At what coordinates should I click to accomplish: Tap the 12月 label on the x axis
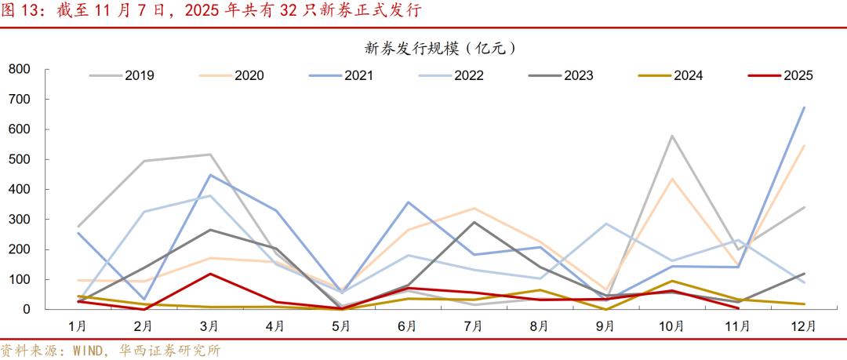pos(804,325)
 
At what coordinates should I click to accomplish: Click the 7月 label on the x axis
pos(473,325)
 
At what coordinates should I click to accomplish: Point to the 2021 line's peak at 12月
pos(805,107)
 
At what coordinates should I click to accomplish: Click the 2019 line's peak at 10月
pos(672,136)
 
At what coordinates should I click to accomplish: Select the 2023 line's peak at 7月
pos(473,222)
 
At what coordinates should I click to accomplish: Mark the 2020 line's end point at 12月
pos(805,145)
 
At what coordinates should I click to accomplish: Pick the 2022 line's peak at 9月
pos(605,224)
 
